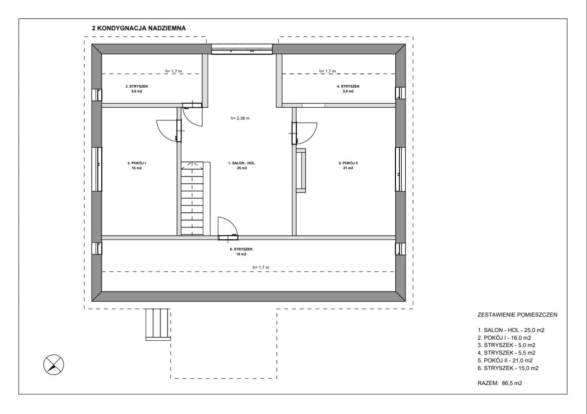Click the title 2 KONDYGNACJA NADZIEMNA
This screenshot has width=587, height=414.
138,28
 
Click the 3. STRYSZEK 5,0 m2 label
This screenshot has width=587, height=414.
137,88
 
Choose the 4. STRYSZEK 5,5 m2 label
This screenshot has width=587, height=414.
348,88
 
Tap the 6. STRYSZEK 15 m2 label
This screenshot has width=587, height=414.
241,252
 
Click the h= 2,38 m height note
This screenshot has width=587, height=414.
240,118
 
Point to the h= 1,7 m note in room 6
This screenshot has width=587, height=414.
261,268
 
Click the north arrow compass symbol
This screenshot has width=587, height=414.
54,364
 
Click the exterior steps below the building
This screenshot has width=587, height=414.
158,325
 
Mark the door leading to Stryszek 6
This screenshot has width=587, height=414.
228,228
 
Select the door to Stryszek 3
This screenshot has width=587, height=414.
193,115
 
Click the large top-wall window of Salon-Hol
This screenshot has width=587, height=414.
242,49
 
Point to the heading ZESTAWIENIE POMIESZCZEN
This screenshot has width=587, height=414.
517,315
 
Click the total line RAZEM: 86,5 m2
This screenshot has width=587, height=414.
500,383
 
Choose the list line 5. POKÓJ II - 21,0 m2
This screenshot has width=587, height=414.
505,360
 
